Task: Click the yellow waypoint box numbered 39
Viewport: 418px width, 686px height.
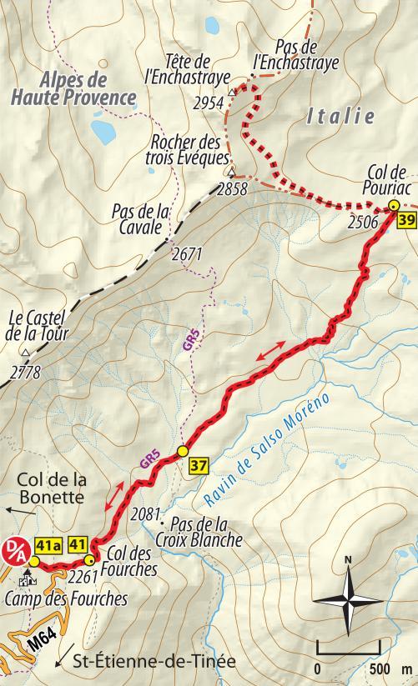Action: pos(407,221)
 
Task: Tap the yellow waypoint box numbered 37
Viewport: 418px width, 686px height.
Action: pos(197,464)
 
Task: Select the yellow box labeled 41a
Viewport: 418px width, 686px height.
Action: pos(49,547)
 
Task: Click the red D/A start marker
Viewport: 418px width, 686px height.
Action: pos(17,547)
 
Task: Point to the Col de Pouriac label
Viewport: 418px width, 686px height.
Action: pos(385,181)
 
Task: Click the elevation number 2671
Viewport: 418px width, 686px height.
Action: pos(185,253)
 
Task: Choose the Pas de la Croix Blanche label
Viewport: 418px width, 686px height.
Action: pos(205,533)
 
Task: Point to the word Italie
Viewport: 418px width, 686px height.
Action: pos(340,118)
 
